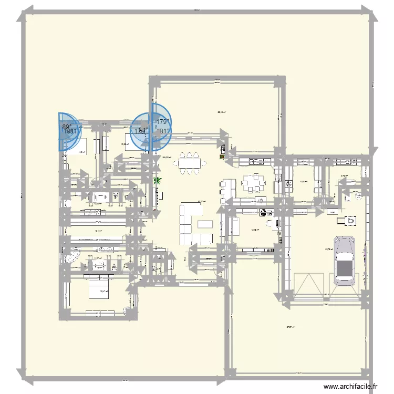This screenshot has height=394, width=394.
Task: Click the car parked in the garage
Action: pos(344,261)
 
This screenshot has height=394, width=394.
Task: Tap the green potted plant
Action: pos(156,181)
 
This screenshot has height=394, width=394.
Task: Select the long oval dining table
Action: pos(190,162)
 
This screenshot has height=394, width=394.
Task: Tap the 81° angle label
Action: pos(164,131)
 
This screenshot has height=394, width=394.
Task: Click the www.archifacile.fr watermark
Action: pos(351,387)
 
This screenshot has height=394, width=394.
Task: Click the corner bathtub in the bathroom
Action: pos(71,256)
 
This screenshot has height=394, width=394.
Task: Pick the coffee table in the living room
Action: pos(205,224)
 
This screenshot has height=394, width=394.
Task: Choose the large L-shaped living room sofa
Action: pos(189,223)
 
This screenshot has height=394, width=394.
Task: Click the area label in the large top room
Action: pos(221,112)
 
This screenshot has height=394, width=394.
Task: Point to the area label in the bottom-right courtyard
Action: pos(289,327)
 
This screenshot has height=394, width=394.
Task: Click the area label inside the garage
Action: pos(329,250)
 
